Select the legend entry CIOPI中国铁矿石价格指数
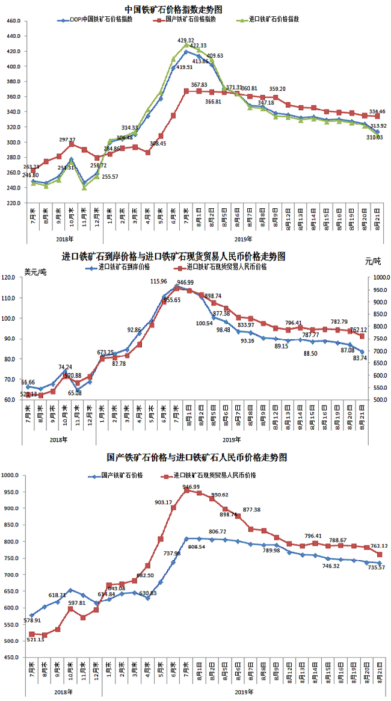pos(99,20)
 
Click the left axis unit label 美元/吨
pos(35,272)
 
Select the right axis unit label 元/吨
pos(372,261)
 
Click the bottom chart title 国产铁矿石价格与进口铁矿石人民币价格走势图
pos(197,457)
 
